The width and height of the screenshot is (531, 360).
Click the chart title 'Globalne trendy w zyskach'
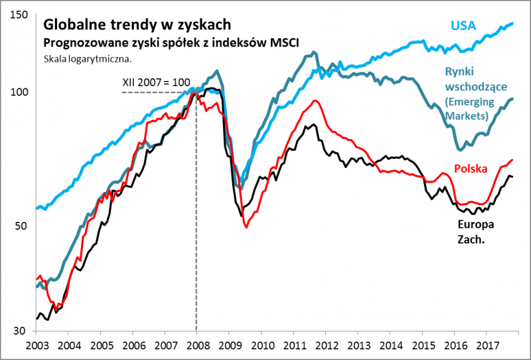(x=137, y=25)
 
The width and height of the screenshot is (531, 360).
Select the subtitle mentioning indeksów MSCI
(x=171, y=43)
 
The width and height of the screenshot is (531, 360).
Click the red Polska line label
(x=471, y=168)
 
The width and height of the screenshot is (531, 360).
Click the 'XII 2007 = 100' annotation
(x=156, y=83)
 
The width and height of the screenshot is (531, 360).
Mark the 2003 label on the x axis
(x=36, y=345)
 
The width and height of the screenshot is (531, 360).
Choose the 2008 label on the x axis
(x=196, y=345)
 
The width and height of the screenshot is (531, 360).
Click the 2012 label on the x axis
(x=325, y=345)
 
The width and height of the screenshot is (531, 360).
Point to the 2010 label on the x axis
(x=261, y=345)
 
